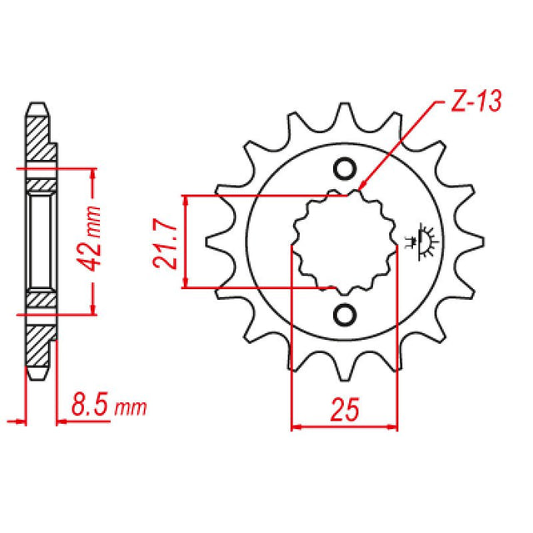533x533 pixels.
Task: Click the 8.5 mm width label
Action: point(109,408)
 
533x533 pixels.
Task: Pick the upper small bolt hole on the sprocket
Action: point(343,169)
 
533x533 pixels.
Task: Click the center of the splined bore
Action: point(344,242)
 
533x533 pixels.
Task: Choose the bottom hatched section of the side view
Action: point(38,343)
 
